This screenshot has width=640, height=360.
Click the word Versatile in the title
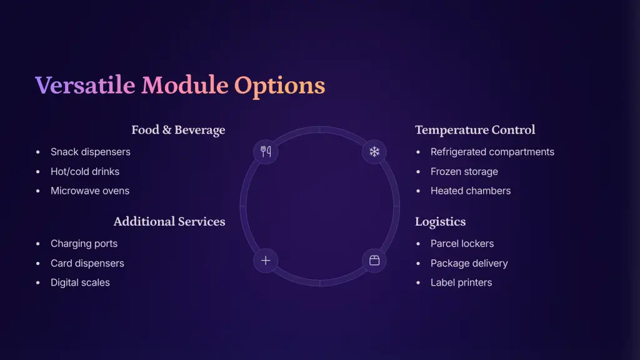pyautogui.click(x=85, y=85)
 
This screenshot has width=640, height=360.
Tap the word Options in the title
pyautogui.click(x=279, y=86)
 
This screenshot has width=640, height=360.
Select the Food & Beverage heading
pyautogui.click(x=178, y=130)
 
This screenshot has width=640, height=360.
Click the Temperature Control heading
pyautogui.click(x=475, y=130)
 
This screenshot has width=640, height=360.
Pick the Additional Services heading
pyautogui.click(x=169, y=222)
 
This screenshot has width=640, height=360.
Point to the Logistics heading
pyautogui.click(x=441, y=222)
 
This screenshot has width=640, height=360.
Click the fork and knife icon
pyautogui.click(x=266, y=152)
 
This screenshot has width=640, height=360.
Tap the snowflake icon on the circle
pyautogui.click(x=374, y=152)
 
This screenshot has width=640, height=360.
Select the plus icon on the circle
pyautogui.click(x=266, y=261)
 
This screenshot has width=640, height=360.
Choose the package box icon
pyautogui.click(x=374, y=261)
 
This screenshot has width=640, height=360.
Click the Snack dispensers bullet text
pyautogui.click(x=91, y=152)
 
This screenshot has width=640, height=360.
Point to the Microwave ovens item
pyautogui.click(x=90, y=191)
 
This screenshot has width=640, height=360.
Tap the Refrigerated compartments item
pyautogui.click(x=492, y=152)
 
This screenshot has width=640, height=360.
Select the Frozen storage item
pyautogui.click(x=464, y=171)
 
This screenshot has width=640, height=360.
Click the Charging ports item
pyautogui.click(x=84, y=244)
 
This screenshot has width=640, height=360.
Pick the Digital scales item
pyautogui.click(x=80, y=282)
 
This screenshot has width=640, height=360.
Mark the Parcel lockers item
pyautogui.click(x=462, y=244)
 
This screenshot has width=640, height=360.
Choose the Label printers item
pyautogui.click(x=461, y=282)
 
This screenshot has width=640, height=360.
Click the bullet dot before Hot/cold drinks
pyautogui.click(x=38, y=172)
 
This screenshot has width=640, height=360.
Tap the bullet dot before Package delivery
pyautogui.click(x=418, y=264)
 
